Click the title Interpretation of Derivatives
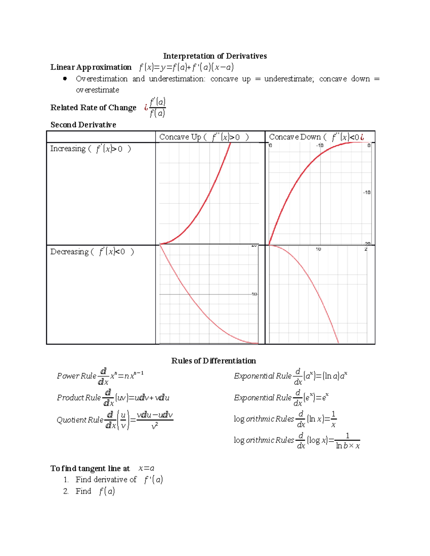tap(215, 56)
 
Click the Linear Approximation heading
tap(91, 67)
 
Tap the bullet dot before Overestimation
tap(65, 79)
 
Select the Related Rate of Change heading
tap(93, 108)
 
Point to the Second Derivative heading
tap(83, 125)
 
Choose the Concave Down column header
tap(316, 137)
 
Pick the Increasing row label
tap(90, 149)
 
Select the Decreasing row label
tap(92, 252)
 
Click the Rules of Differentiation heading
tap(214, 361)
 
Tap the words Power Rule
tap(76, 376)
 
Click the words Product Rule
tap(78, 398)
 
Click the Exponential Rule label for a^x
tap(263, 376)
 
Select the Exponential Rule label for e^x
tap(263, 398)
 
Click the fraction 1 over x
tap(333, 419)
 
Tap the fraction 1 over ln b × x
tap(347, 441)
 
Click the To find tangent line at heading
tap(90, 468)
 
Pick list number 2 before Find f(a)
tap(66, 491)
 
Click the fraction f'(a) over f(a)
tap(157, 107)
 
